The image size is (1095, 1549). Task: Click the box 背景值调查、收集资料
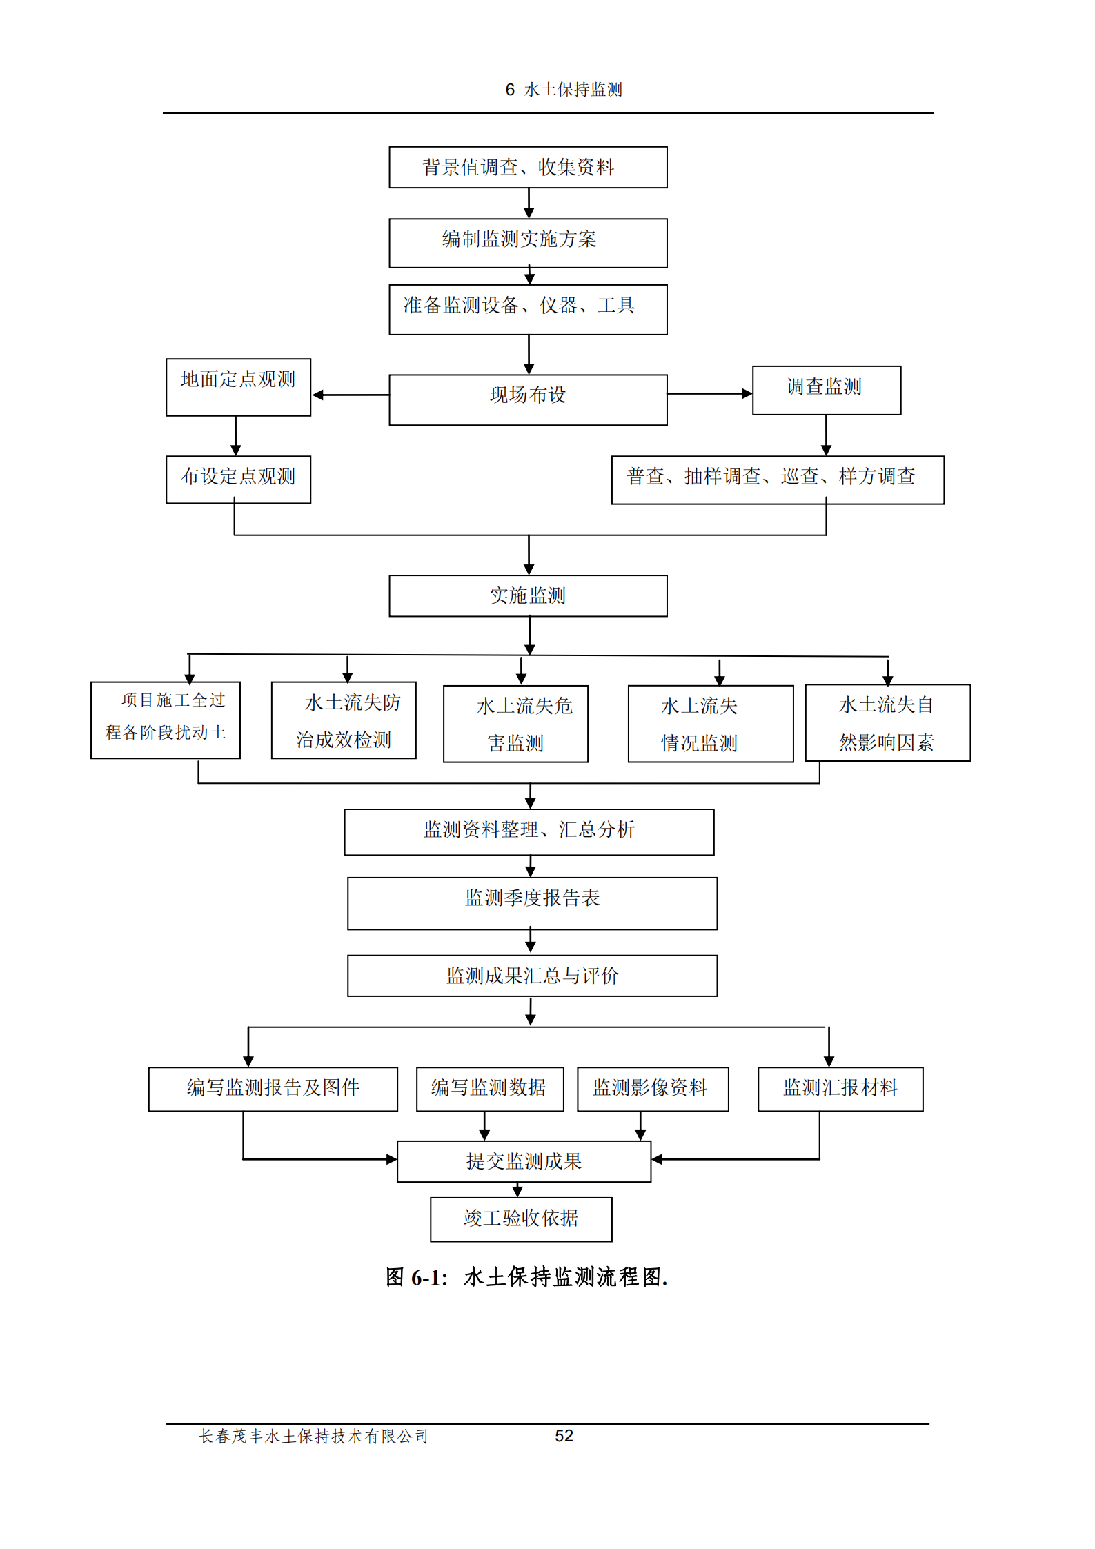tap(528, 167)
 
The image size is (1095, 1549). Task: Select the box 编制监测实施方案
tap(528, 243)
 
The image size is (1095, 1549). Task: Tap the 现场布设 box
tap(528, 399)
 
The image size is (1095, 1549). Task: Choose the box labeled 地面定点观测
tap(238, 387)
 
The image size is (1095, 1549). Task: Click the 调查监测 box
tap(826, 390)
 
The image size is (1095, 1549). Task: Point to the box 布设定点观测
tap(238, 480)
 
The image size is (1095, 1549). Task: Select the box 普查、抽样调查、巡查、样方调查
tap(777, 480)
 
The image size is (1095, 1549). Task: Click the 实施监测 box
tap(528, 595)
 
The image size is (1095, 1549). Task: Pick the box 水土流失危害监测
tap(515, 724)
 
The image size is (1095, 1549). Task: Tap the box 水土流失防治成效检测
tap(344, 720)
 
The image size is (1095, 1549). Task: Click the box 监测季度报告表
tap(532, 903)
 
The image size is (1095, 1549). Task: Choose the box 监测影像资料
tap(652, 1089)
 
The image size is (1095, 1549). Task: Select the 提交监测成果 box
tap(524, 1161)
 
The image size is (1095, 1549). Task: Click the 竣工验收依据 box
tap(521, 1219)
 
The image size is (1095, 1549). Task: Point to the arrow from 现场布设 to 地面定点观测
tap(351, 395)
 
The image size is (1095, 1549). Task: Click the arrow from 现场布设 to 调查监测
tap(709, 393)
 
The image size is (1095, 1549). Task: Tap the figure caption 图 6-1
tap(526, 1277)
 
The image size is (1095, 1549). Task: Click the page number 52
tap(564, 1436)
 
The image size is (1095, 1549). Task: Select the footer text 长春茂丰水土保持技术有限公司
tap(313, 1437)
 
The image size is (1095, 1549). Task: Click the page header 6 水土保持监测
tap(564, 90)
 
